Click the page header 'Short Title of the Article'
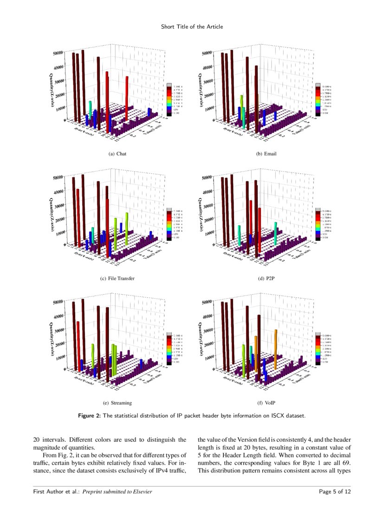[192, 27]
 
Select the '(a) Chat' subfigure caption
[117, 154]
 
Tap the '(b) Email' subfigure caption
[267, 154]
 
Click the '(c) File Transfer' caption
[117, 279]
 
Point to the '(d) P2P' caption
[267, 279]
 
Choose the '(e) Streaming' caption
[117, 403]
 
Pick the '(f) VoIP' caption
[267, 403]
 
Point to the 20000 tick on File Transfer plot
[58, 218]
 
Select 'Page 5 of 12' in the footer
[335, 492]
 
